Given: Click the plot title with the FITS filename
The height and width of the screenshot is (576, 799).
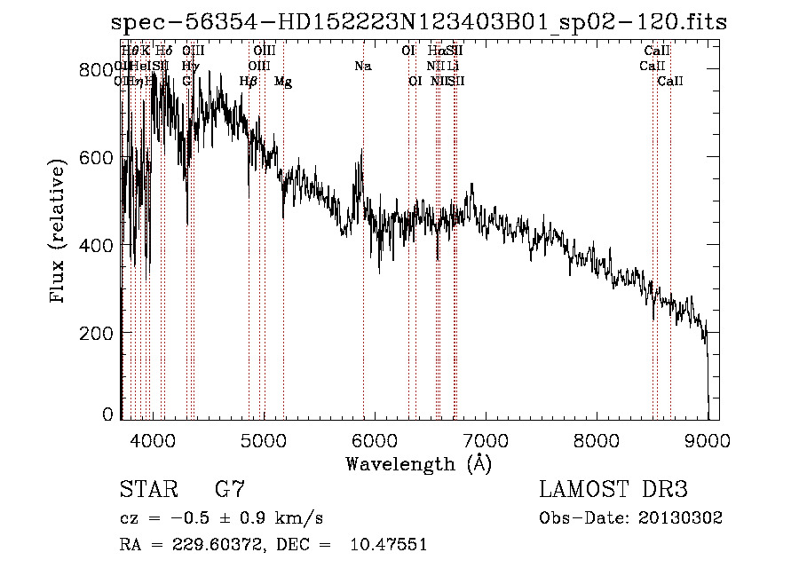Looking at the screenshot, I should (419, 23).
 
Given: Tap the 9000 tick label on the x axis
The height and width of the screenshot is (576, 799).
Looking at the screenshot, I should (707, 438).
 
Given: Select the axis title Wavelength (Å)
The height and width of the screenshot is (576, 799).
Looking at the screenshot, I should (418, 463).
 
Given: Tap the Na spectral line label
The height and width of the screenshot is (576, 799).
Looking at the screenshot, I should (362, 67).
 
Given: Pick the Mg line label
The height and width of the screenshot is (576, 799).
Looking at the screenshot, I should (283, 82).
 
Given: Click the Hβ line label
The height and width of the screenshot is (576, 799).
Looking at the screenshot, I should (249, 82).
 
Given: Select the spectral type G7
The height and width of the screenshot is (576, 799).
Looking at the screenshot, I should (230, 490).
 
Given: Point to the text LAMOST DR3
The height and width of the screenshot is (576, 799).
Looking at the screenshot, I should (613, 490).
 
